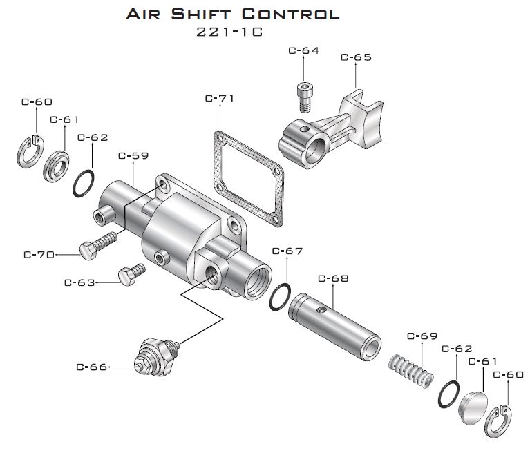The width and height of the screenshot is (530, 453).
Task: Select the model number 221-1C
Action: click(231, 32)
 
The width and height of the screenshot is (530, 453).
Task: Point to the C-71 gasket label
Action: click(220, 98)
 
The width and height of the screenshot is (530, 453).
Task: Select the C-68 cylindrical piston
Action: click(334, 324)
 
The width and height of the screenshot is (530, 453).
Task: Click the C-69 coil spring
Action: click(410, 369)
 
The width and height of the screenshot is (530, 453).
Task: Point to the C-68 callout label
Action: click(333, 278)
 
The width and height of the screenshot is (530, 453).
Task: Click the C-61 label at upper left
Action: click(64, 119)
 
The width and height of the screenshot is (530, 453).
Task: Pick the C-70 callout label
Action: click(39, 254)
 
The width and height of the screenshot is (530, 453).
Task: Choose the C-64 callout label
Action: click(303, 50)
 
